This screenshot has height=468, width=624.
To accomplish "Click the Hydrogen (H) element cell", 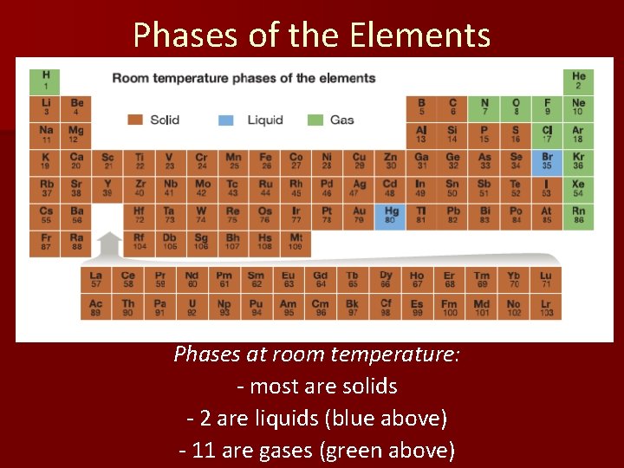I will pyautogui.click(x=45, y=81).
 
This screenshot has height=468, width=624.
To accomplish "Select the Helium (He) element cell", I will pyautogui.click(x=578, y=81).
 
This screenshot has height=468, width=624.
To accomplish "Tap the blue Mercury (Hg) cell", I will pyautogui.click(x=391, y=215).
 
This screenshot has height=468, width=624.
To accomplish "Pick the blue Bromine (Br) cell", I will pyautogui.click(x=546, y=161).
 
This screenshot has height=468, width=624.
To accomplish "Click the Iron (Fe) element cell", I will pyautogui.click(x=265, y=161).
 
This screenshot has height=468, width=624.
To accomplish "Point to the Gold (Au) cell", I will pyautogui.click(x=359, y=215).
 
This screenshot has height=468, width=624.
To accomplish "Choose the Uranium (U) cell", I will pyautogui.click(x=192, y=308).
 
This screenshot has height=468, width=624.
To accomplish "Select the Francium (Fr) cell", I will pyautogui.click(x=45, y=242).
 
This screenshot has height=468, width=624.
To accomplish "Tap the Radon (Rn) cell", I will pyautogui.click(x=578, y=215).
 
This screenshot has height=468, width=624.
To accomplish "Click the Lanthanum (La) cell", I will pyautogui.click(x=96, y=280).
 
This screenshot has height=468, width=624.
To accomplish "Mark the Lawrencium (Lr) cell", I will pyautogui.click(x=546, y=308).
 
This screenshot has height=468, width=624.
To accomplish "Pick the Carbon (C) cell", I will pyautogui.click(x=452, y=107).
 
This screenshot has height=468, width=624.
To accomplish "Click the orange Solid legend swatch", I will pyautogui.click(x=134, y=120).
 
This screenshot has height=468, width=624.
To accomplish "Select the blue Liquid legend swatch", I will pyautogui.click(x=226, y=120).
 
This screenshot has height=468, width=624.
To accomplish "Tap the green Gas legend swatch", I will pyautogui.click(x=315, y=120).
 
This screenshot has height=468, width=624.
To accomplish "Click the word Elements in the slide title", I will pyautogui.click(x=420, y=35).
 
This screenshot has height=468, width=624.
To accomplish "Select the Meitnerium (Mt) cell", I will pyautogui.click(x=296, y=242).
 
